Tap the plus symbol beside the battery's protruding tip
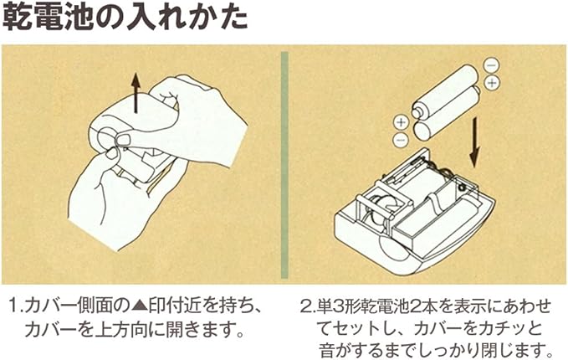399,122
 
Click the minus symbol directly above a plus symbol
490,66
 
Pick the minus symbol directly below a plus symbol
400,138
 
